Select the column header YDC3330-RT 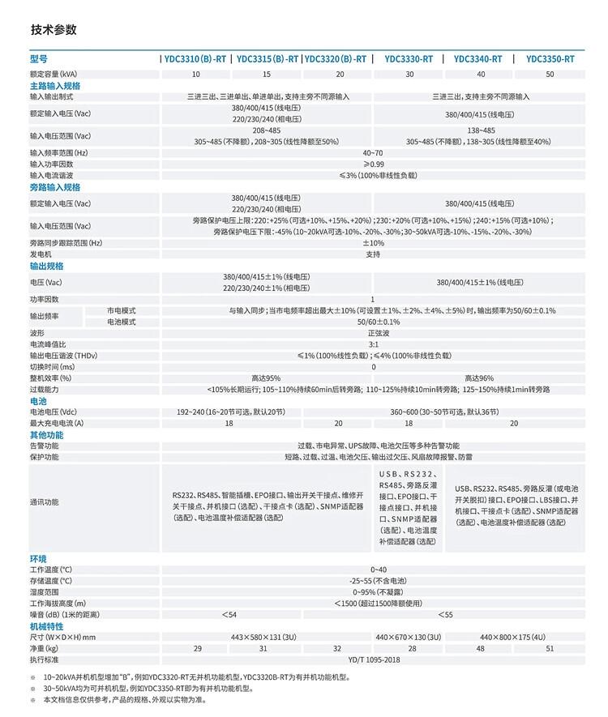tap(409, 59)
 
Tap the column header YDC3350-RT tap(550, 59)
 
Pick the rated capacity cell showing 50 tap(550, 74)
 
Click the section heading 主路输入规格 tap(55, 85)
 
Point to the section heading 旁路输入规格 tap(55, 187)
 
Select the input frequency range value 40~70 tap(373, 152)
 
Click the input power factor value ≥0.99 tap(373, 164)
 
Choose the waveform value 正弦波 tap(373, 333)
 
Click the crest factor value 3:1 tap(373, 344)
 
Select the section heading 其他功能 tap(46, 435)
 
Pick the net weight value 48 tap(481, 649)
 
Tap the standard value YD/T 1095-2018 tap(373, 660)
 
